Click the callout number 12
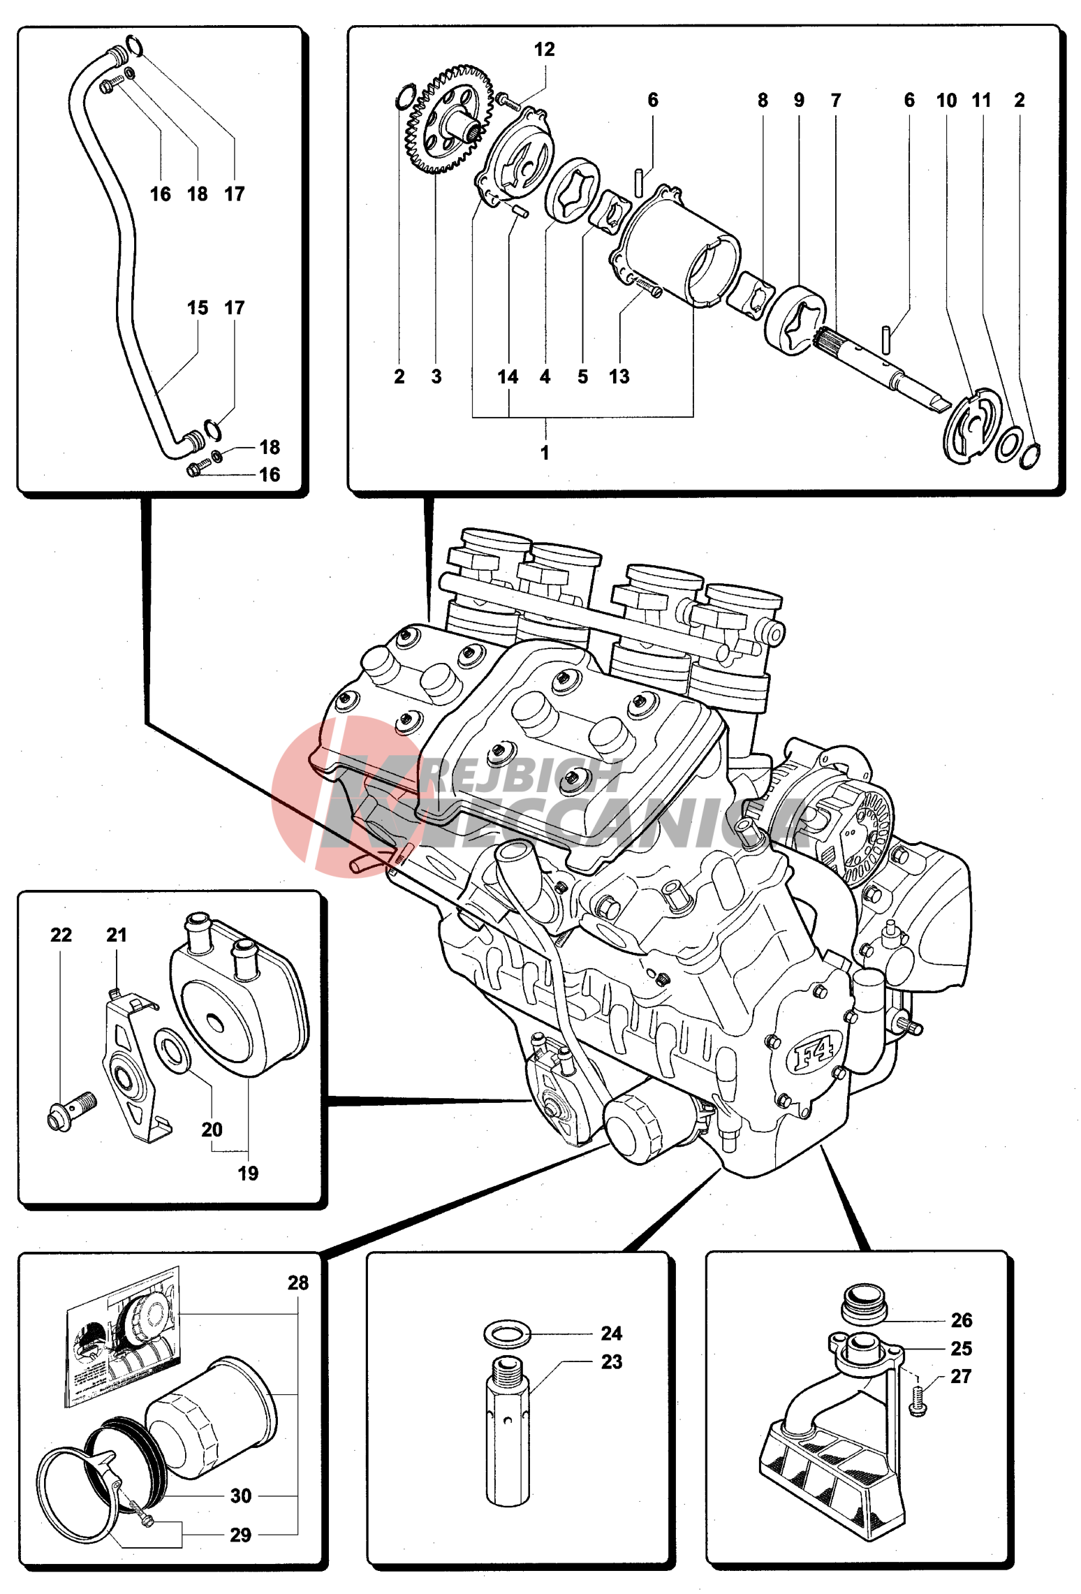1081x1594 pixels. click(x=544, y=50)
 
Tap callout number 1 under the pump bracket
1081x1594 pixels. click(x=545, y=453)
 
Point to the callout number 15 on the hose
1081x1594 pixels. click(x=198, y=308)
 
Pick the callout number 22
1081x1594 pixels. click(x=61, y=935)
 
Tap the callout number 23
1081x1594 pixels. click(x=612, y=1361)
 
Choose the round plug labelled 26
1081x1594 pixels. click(x=864, y=1301)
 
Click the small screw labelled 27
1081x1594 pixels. click(x=919, y=1401)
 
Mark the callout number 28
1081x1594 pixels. click(x=298, y=1282)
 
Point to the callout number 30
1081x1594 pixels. click(x=241, y=1496)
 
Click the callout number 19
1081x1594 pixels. click(x=248, y=1173)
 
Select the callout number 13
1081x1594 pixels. click(x=619, y=376)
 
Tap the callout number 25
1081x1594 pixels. click(x=961, y=1348)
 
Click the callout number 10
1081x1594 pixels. click(x=946, y=101)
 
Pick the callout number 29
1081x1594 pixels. click(x=240, y=1535)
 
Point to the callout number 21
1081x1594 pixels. click(x=117, y=935)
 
